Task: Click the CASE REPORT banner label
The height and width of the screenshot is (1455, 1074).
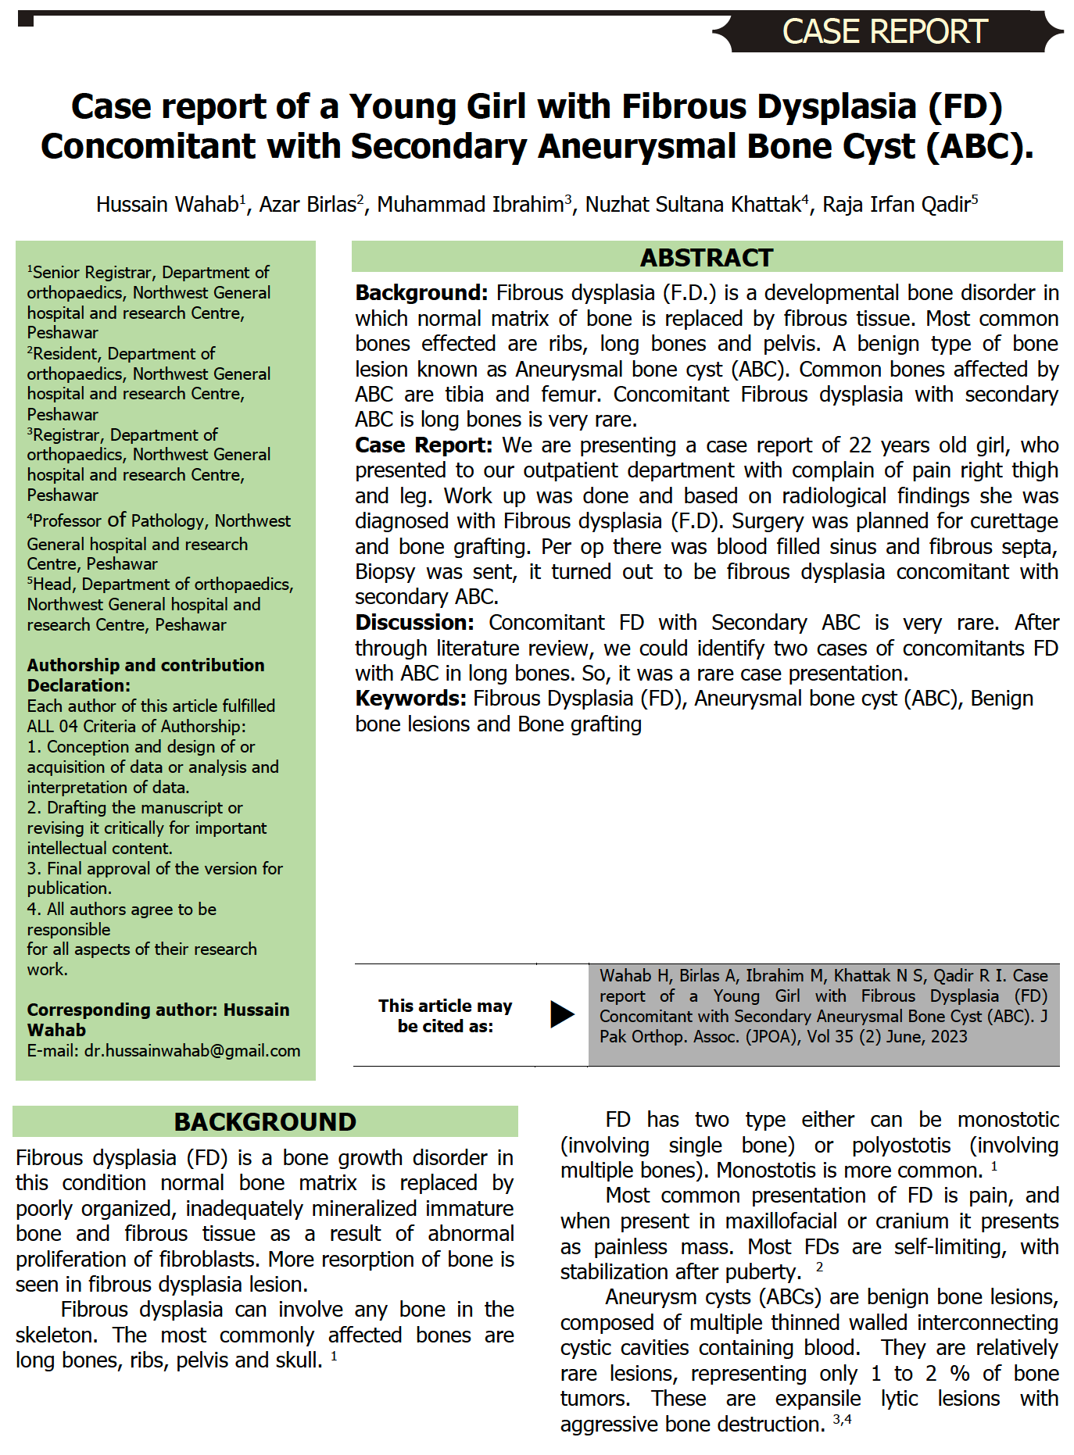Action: (x=885, y=32)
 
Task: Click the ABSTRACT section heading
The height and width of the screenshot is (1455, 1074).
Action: (x=706, y=257)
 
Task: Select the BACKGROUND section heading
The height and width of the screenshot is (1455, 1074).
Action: (x=265, y=1121)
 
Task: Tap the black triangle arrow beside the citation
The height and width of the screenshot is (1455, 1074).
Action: (x=561, y=1014)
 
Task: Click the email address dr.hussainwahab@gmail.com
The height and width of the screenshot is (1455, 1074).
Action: (x=192, y=1051)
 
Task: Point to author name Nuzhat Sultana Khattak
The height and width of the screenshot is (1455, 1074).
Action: (x=693, y=205)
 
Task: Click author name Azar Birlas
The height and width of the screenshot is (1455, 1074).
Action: (x=307, y=205)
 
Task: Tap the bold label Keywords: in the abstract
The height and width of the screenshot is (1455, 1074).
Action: (x=410, y=699)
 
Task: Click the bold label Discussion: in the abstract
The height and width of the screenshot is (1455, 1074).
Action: (x=414, y=623)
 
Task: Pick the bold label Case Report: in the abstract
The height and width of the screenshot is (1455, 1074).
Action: (x=424, y=445)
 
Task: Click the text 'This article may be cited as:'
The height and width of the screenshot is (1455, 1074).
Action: (x=445, y=1016)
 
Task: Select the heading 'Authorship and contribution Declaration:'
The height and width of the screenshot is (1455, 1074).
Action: (x=145, y=675)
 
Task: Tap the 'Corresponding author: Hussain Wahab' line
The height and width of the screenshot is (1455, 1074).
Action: (x=158, y=1020)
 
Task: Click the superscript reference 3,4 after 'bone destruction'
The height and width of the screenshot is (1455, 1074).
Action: (x=842, y=1419)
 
